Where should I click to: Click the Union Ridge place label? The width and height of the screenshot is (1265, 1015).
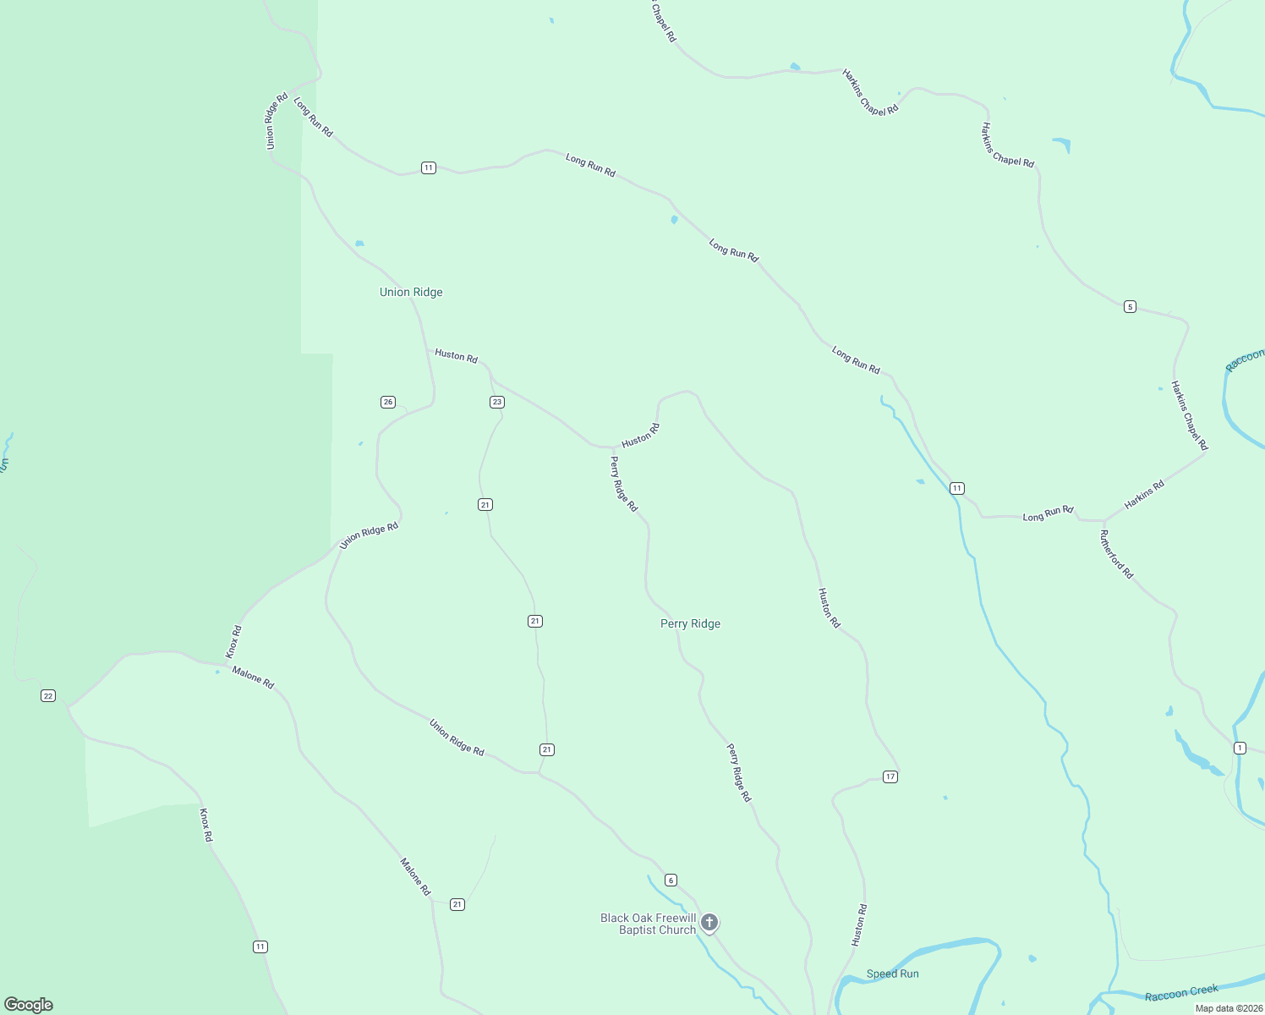pyautogui.click(x=411, y=292)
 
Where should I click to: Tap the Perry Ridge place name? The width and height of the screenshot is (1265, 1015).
pyautogui.click(x=690, y=623)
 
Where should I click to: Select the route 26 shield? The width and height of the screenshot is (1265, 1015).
pyautogui.click(x=388, y=402)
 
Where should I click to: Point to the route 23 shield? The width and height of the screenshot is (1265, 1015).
pyautogui.click(x=497, y=402)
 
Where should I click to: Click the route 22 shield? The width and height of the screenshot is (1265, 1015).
pyautogui.click(x=48, y=695)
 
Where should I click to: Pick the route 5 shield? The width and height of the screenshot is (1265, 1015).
pyautogui.click(x=1130, y=306)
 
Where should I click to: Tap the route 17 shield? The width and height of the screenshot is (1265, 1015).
pyautogui.click(x=890, y=776)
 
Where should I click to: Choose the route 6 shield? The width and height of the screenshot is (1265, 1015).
pyautogui.click(x=671, y=880)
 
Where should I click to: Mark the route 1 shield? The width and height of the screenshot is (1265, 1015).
pyautogui.click(x=1240, y=748)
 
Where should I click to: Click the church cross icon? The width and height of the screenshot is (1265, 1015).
pyautogui.click(x=709, y=922)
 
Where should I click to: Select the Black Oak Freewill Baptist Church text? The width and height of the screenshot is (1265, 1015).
pyautogui.click(x=649, y=924)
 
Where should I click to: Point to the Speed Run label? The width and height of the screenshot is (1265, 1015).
pyautogui.click(x=892, y=974)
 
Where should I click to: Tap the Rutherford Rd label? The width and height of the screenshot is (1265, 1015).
pyautogui.click(x=1116, y=554)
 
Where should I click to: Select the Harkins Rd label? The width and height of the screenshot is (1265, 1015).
pyautogui.click(x=1144, y=495)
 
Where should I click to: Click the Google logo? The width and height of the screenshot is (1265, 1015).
pyautogui.click(x=29, y=1004)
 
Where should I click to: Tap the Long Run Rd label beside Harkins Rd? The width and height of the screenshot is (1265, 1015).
pyautogui.click(x=1048, y=513)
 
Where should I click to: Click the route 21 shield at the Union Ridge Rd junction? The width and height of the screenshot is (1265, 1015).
pyautogui.click(x=547, y=749)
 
